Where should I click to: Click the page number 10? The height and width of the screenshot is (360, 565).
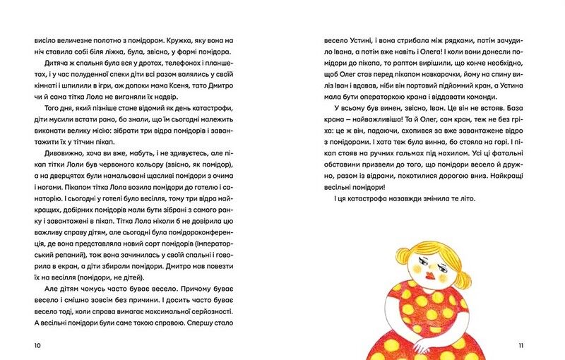point(37,345)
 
